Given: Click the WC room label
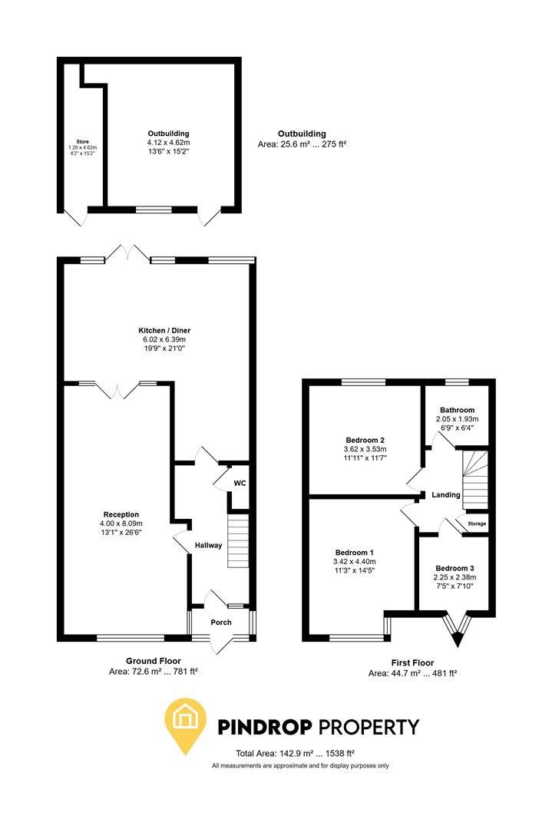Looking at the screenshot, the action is [x=240, y=483].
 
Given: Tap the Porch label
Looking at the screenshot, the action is [x=221, y=623].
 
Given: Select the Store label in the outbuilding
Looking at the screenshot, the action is [x=82, y=142].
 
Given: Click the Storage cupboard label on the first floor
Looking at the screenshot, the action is [x=477, y=523].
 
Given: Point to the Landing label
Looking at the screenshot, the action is [x=446, y=495].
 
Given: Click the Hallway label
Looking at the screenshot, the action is [x=208, y=545].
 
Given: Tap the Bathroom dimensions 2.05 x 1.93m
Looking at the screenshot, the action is [x=458, y=419].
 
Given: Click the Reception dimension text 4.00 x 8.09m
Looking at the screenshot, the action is [x=121, y=523].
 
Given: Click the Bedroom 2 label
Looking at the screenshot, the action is [x=365, y=440].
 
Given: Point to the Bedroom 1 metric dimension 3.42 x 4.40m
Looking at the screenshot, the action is [x=354, y=561].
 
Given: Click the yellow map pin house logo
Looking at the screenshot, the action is [x=185, y=725].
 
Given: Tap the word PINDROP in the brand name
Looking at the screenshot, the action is [x=265, y=727].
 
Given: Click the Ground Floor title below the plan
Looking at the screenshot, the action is [x=154, y=661].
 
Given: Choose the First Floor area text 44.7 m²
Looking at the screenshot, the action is [x=412, y=673].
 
